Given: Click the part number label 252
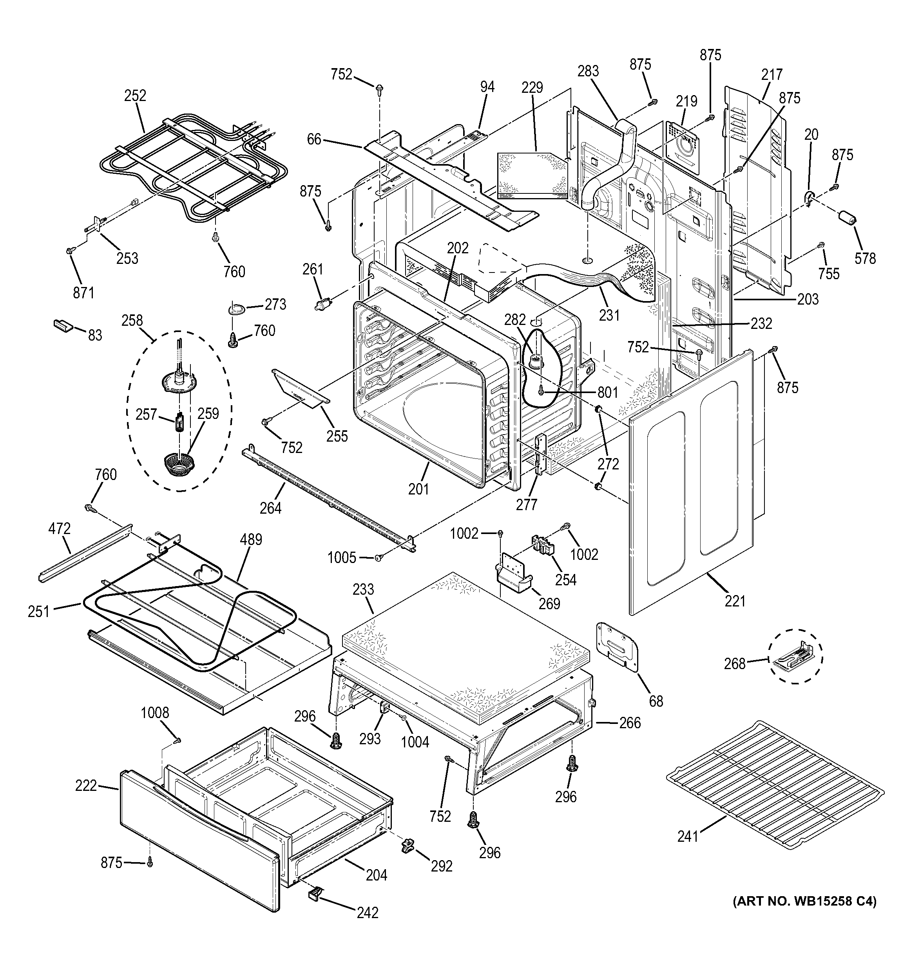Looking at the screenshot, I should point(135,95).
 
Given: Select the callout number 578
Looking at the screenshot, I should point(865,258).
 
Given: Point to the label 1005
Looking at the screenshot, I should point(341,558).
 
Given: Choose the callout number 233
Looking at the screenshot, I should point(363,589).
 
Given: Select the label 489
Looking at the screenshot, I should point(251,540).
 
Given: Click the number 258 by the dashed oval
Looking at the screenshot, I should point(132,320).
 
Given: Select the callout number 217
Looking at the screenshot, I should point(772,74).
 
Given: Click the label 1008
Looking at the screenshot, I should point(155,713).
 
